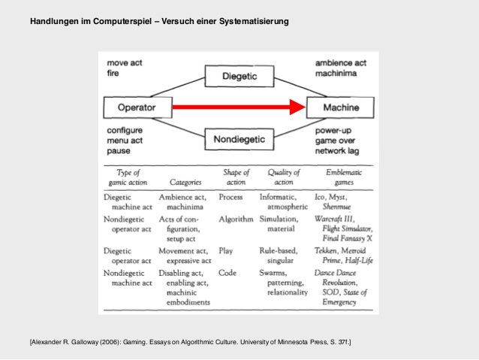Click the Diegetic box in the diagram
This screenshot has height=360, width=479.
[239, 77]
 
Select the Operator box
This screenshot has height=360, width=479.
[136, 107]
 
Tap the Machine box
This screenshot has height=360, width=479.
[340, 107]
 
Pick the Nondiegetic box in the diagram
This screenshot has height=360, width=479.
[239, 138]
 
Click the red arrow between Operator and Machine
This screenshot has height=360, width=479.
[239, 107]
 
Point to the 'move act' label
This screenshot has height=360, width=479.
[124, 62]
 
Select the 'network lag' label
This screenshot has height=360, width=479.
[338, 150]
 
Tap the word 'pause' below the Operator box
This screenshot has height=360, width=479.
[118, 150]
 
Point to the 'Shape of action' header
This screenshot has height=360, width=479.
[236, 177]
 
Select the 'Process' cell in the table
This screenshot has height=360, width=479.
[230, 197]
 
